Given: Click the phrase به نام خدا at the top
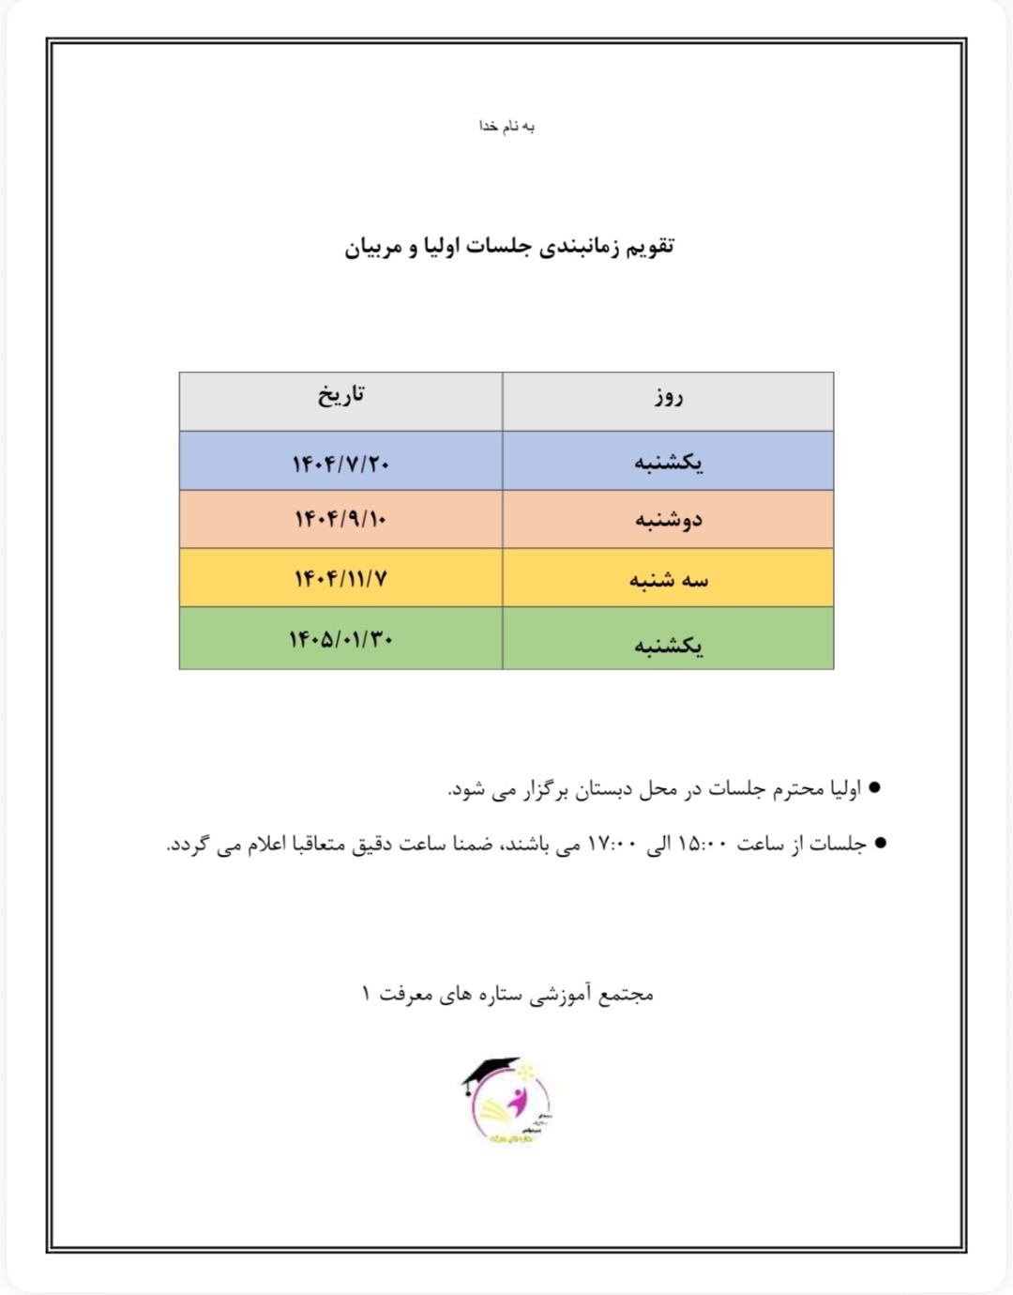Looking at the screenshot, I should (506, 127).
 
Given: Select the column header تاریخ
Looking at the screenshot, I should (340, 396).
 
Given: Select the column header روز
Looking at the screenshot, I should (669, 398).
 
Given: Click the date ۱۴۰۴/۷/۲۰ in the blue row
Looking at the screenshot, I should (340, 464).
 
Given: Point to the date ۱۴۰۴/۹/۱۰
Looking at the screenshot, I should (340, 519).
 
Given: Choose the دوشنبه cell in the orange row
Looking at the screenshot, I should (668, 520).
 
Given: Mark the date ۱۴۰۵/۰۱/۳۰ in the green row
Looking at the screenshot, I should (340, 639).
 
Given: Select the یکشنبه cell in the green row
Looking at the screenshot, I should (668, 645).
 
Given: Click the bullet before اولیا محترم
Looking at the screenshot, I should (874, 788).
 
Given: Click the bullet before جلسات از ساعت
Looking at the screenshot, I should (879, 844).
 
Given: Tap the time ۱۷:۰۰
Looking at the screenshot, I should (612, 845).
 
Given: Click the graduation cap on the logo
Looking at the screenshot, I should (490, 1071).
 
